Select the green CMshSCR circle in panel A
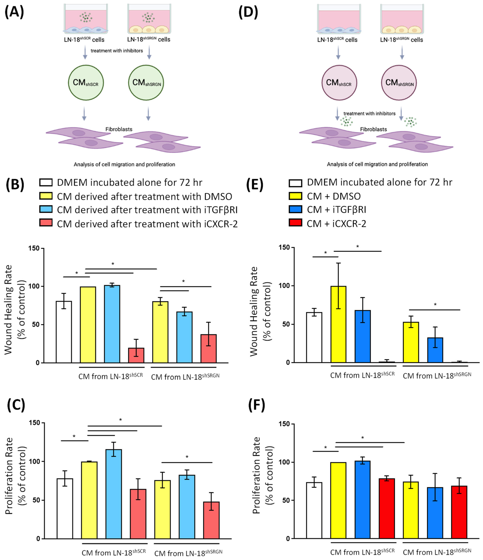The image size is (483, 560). (x=86, y=82)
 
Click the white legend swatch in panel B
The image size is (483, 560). (x=46, y=182)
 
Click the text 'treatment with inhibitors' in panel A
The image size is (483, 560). (x=117, y=51)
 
